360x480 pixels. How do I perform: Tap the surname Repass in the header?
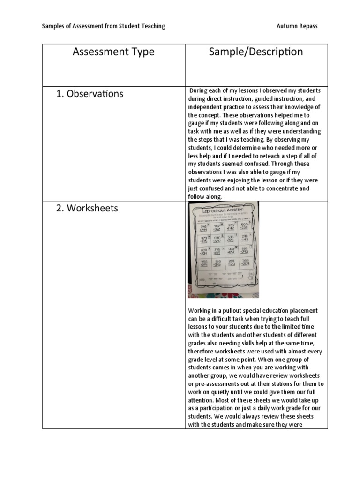(308, 26)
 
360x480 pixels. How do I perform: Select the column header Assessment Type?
(113, 52)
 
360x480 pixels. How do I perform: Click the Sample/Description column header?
(256, 52)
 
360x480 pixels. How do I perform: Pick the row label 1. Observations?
(90, 94)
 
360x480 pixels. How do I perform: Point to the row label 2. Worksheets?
(87, 208)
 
